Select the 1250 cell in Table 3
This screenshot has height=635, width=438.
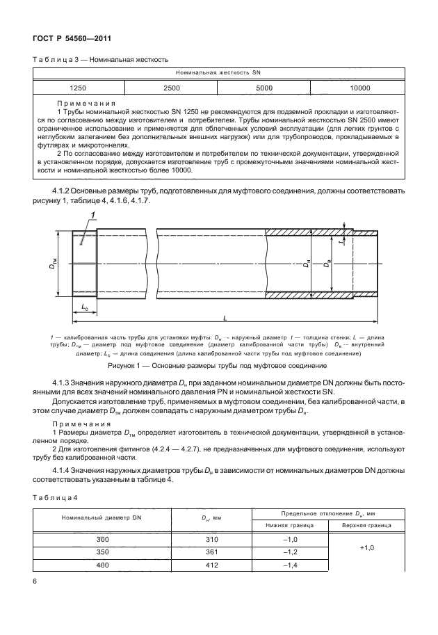[79, 88]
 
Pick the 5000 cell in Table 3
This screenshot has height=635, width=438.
[263, 88]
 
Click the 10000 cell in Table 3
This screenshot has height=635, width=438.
[359, 88]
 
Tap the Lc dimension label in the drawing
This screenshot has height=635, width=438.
[84, 305]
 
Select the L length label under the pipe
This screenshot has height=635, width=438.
[225, 317]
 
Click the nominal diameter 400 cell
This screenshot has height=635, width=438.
[102, 564]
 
